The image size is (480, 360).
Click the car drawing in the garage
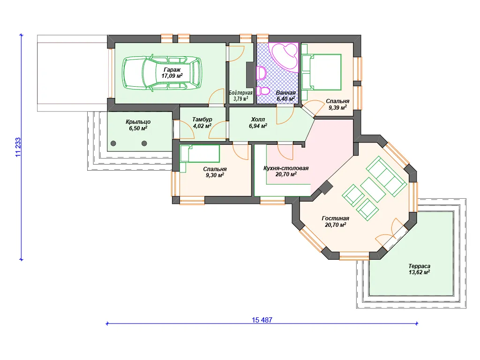(x=162, y=73)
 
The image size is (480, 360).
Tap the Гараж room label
(x=172, y=69)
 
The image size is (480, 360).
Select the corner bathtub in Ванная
(x=285, y=57)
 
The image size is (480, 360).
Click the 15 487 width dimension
(x=262, y=320)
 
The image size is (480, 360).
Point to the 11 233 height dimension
(x=18, y=147)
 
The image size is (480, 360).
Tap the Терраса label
(x=419, y=266)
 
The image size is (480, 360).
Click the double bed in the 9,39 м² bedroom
(x=322, y=72)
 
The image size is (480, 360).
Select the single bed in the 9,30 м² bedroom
(x=200, y=154)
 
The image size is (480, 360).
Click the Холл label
(x=258, y=120)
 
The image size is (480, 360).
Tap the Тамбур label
(x=202, y=120)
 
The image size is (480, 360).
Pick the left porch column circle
(x=113, y=143)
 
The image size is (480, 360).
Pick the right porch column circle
(x=144, y=143)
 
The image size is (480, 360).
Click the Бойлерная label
(x=240, y=93)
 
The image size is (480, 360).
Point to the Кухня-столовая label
(x=286, y=168)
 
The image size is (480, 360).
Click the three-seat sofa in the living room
(x=386, y=176)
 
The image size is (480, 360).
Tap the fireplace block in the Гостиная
(x=326, y=187)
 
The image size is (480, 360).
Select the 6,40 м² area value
(x=285, y=99)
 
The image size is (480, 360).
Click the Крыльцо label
(x=138, y=122)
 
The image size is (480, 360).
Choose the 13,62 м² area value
(x=419, y=272)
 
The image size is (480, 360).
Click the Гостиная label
(x=335, y=218)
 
